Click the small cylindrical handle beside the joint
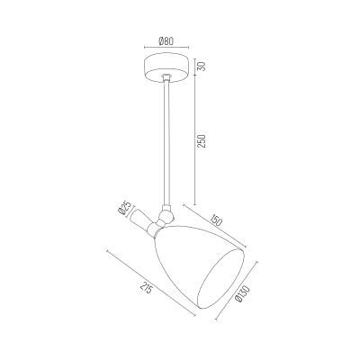tap(139, 220)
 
